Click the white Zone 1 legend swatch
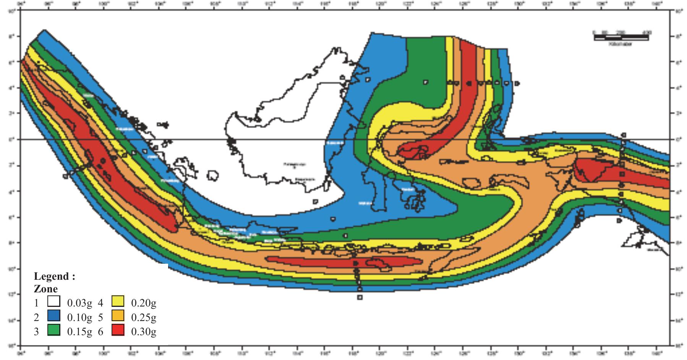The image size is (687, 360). click(x=54, y=302)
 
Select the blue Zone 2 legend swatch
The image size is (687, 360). click(x=54, y=316)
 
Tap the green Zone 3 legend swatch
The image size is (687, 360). click(x=54, y=330)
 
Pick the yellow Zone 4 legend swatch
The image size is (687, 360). click(x=118, y=302)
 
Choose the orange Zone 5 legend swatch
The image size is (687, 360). click(x=118, y=316)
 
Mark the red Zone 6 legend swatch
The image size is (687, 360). click(x=118, y=330)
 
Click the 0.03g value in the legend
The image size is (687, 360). click(x=79, y=303)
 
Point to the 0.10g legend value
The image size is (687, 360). click(x=79, y=317)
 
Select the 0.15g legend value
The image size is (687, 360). click(x=79, y=331)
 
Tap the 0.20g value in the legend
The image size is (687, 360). click(x=144, y=303)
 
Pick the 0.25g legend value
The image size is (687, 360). click(x=144, y=317)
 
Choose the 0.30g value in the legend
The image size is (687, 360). click(x=144, y=331)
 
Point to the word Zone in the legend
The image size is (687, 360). click(x=46, y=289)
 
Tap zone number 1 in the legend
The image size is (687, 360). click(x=36, y=303)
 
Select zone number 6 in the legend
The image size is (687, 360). click(x=100, y=331)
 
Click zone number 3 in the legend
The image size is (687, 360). click(x=36, y=331)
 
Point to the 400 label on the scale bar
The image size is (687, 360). click(x=646, y=32)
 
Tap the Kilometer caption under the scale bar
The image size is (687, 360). click(x=621, y=44)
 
